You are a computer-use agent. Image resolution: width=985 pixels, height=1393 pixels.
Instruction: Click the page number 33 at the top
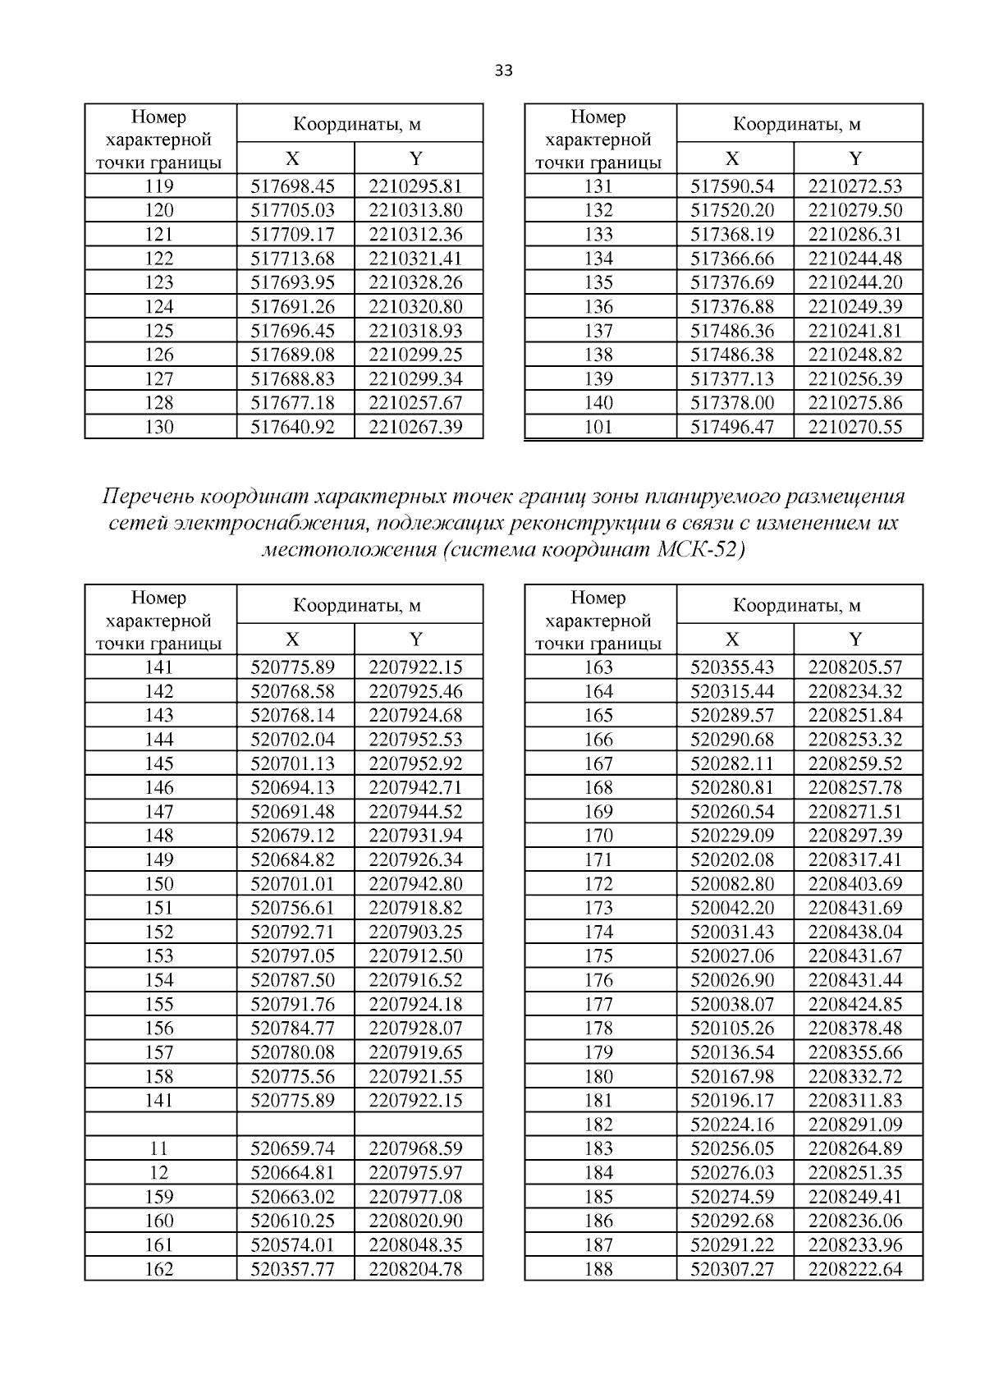point(504,71)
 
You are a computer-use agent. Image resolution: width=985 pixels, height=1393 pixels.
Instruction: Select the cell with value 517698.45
point(292,186)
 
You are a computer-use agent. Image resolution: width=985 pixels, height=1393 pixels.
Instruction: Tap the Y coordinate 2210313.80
point(415,210)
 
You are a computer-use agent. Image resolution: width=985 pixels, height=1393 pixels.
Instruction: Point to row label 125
point(158,331)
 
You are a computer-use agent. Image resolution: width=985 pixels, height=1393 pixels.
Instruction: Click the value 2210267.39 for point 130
point(415,427)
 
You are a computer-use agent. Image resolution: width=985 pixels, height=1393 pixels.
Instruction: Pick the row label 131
point(598,186)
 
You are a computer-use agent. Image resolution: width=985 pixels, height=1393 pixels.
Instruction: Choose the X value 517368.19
point(732,234)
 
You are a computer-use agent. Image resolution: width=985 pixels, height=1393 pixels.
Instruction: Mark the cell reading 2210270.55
point(854,427)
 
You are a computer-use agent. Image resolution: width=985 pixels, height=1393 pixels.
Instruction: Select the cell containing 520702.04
point(292,740)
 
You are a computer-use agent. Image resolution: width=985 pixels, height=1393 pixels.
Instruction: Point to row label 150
point(158,884)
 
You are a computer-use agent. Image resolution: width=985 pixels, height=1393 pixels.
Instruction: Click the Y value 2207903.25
point(415,932)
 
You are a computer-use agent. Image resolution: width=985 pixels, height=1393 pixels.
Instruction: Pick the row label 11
point(158,1148)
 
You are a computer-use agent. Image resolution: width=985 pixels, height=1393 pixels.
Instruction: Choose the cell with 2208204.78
point(415,1269)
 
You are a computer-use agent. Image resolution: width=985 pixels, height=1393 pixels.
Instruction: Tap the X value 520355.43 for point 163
point(732,667)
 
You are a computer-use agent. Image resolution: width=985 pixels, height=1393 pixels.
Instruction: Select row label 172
point(598,884)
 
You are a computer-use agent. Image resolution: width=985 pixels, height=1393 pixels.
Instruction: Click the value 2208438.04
point(854,932)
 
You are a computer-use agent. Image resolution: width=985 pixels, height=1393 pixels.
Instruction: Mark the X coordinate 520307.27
point(732,1269)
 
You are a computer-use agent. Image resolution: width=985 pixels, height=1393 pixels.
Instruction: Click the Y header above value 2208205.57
point(854,639)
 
